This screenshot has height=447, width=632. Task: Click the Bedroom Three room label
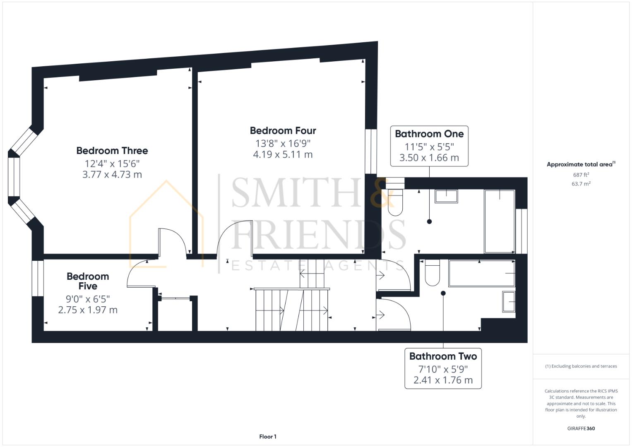pyautogui.click(x=112, y=151)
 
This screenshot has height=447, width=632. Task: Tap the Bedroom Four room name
pyautogui.click(x=283, y=131)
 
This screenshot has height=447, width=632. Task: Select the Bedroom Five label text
pyautogui.click(x=88, y=281)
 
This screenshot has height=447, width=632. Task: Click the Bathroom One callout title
pyautogui.click(x=429, y=134)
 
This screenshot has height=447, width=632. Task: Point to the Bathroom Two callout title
pyautogui.click(x=443, y=356)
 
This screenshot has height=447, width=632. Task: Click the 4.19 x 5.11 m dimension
pyautogui.click(x=283, y=155)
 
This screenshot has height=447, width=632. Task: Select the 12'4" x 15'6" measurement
pyautogui.click(x=112, y=163)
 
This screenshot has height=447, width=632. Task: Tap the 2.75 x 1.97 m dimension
pyautogui.click(x=88, y=310)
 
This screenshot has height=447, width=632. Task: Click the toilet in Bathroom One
pyautogui.click(x=395, y=203)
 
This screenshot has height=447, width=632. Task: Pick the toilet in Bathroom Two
pyautogui.click(x=432, y=273)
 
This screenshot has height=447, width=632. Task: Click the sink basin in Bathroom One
pyautogui.click(x=446, y=196)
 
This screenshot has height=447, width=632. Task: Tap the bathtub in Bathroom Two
pyautogui.click(x=482, y=274)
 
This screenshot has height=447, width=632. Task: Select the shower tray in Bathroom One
pyautogui.click(x=500, y=221)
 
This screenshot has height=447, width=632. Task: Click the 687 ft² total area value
pyautogui.click(x=581, y=175)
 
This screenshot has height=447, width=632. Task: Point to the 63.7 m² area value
pyautogui.click(x=581, y=184)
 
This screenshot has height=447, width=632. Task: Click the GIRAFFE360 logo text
pyautogui.click(x=581, y=428)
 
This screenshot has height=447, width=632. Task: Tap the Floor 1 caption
pyautogui.click(x=268, y=437)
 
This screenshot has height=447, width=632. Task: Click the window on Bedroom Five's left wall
pyautogui.click(x=38, y=278)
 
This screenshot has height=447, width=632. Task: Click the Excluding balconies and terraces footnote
pyautogui.click(x=581, y=366)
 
